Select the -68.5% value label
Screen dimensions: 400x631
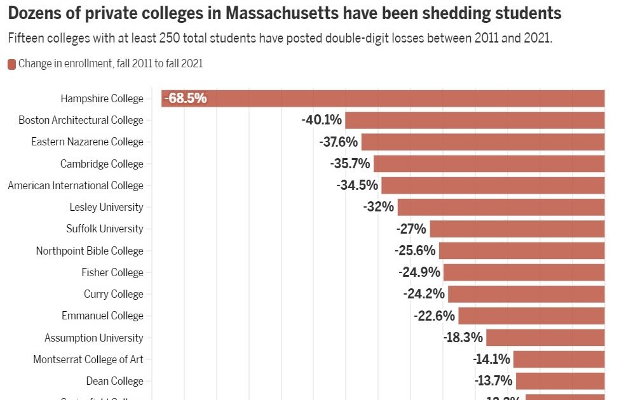click(x=186, y=98)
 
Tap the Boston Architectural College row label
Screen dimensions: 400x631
click(x=81, y=120)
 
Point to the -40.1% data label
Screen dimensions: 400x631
click(x=322, y=120)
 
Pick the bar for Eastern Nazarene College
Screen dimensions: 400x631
click(x=483, y=142)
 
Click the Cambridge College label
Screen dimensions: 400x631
click(x=102, y=164)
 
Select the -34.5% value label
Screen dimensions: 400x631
click(x=357, y=185)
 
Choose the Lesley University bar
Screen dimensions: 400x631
click(x=501, y=207)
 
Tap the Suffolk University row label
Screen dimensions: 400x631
click(x=105, y=229)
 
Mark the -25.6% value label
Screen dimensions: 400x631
click(x=414, y=251)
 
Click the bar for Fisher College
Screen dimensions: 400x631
click(x=524, y=272)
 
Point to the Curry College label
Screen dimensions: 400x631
click(x=114, y=294)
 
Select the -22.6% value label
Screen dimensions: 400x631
click(x=434, y=316)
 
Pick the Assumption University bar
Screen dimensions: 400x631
click(x=545, y=338)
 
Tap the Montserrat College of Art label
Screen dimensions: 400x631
click(x=88, y=359)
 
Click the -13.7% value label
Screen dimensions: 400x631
click(x=493, y=381)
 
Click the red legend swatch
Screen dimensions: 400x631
click(x=11, y=63)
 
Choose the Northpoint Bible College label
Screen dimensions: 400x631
click(x=90, y=251)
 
